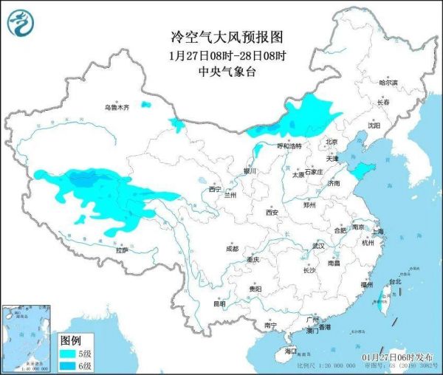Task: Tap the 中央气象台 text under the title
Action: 221,72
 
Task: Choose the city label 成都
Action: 233,248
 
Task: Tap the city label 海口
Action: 292,353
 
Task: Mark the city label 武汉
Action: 319,245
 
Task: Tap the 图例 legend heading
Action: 70,340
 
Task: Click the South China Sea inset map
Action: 28,336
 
